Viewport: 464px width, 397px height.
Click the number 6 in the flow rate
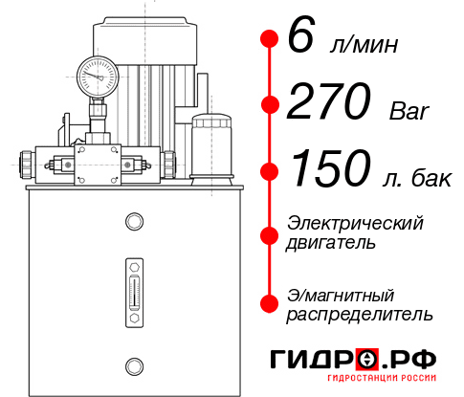click(x=301, y=34)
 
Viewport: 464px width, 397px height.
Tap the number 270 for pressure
click(x=329, y=101)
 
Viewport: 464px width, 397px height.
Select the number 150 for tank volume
click(x=331, y=168)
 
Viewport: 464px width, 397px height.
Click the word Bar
click(x=409, y=111)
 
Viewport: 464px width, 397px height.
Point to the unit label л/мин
click(x=364, y=44)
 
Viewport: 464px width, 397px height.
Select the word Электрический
click(x=355, y=223)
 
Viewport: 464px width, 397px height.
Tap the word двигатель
click(x=330, y=243)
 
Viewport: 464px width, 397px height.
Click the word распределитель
click(x=360, y=315)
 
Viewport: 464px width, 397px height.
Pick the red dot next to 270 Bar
click(x=270, y=104)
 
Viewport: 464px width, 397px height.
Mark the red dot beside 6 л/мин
click(x=270, y=38)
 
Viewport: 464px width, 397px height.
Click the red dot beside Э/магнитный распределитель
click(x=270, y=303)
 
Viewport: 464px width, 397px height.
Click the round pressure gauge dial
click(x=98, y=77)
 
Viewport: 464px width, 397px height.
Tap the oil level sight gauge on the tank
click(x=134, y=293)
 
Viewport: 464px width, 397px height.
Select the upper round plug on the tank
click(x=134, y=221)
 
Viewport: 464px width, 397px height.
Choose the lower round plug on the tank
click(x=134, y=366)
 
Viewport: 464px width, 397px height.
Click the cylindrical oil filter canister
click(x=211, y=149)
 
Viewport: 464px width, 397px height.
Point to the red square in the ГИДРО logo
click(x=367, y=360)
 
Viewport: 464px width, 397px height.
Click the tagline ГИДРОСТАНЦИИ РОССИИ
click(x=382, y=378)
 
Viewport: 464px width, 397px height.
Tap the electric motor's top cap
click(x=144, y=40)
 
